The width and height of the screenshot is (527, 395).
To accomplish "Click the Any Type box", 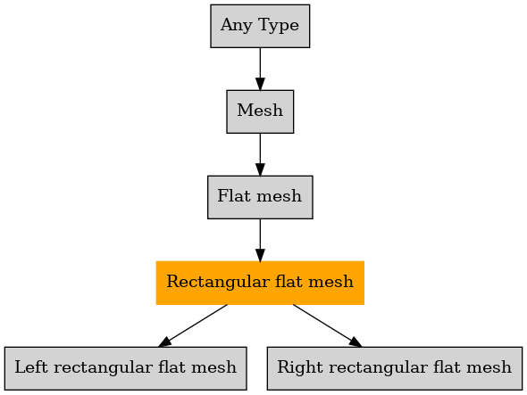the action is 260,26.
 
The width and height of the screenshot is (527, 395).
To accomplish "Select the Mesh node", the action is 260,111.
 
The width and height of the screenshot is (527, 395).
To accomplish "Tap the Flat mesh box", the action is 260,197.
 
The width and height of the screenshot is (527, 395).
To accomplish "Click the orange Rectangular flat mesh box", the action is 260,283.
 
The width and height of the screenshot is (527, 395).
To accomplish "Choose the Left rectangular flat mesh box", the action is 126,368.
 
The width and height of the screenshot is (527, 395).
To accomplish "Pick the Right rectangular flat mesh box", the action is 395,368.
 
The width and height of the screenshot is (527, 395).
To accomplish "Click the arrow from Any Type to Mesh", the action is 260,69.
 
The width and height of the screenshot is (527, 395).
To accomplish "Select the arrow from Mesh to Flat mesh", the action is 260,154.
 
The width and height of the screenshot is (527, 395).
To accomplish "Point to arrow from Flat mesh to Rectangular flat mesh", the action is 260,240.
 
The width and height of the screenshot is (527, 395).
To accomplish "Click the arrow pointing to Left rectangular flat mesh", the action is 193,325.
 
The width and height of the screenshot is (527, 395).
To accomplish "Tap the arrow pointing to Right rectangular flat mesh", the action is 327,325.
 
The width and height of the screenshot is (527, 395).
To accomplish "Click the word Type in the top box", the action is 279,26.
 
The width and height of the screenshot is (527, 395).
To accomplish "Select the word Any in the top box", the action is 236,26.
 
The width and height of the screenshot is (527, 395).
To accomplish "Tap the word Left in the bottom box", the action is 31,366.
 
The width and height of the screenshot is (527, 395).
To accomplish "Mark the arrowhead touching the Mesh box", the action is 260,84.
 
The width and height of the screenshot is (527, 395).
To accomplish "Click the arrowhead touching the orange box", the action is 260,255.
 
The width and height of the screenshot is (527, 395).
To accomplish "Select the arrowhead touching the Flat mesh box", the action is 260,169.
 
